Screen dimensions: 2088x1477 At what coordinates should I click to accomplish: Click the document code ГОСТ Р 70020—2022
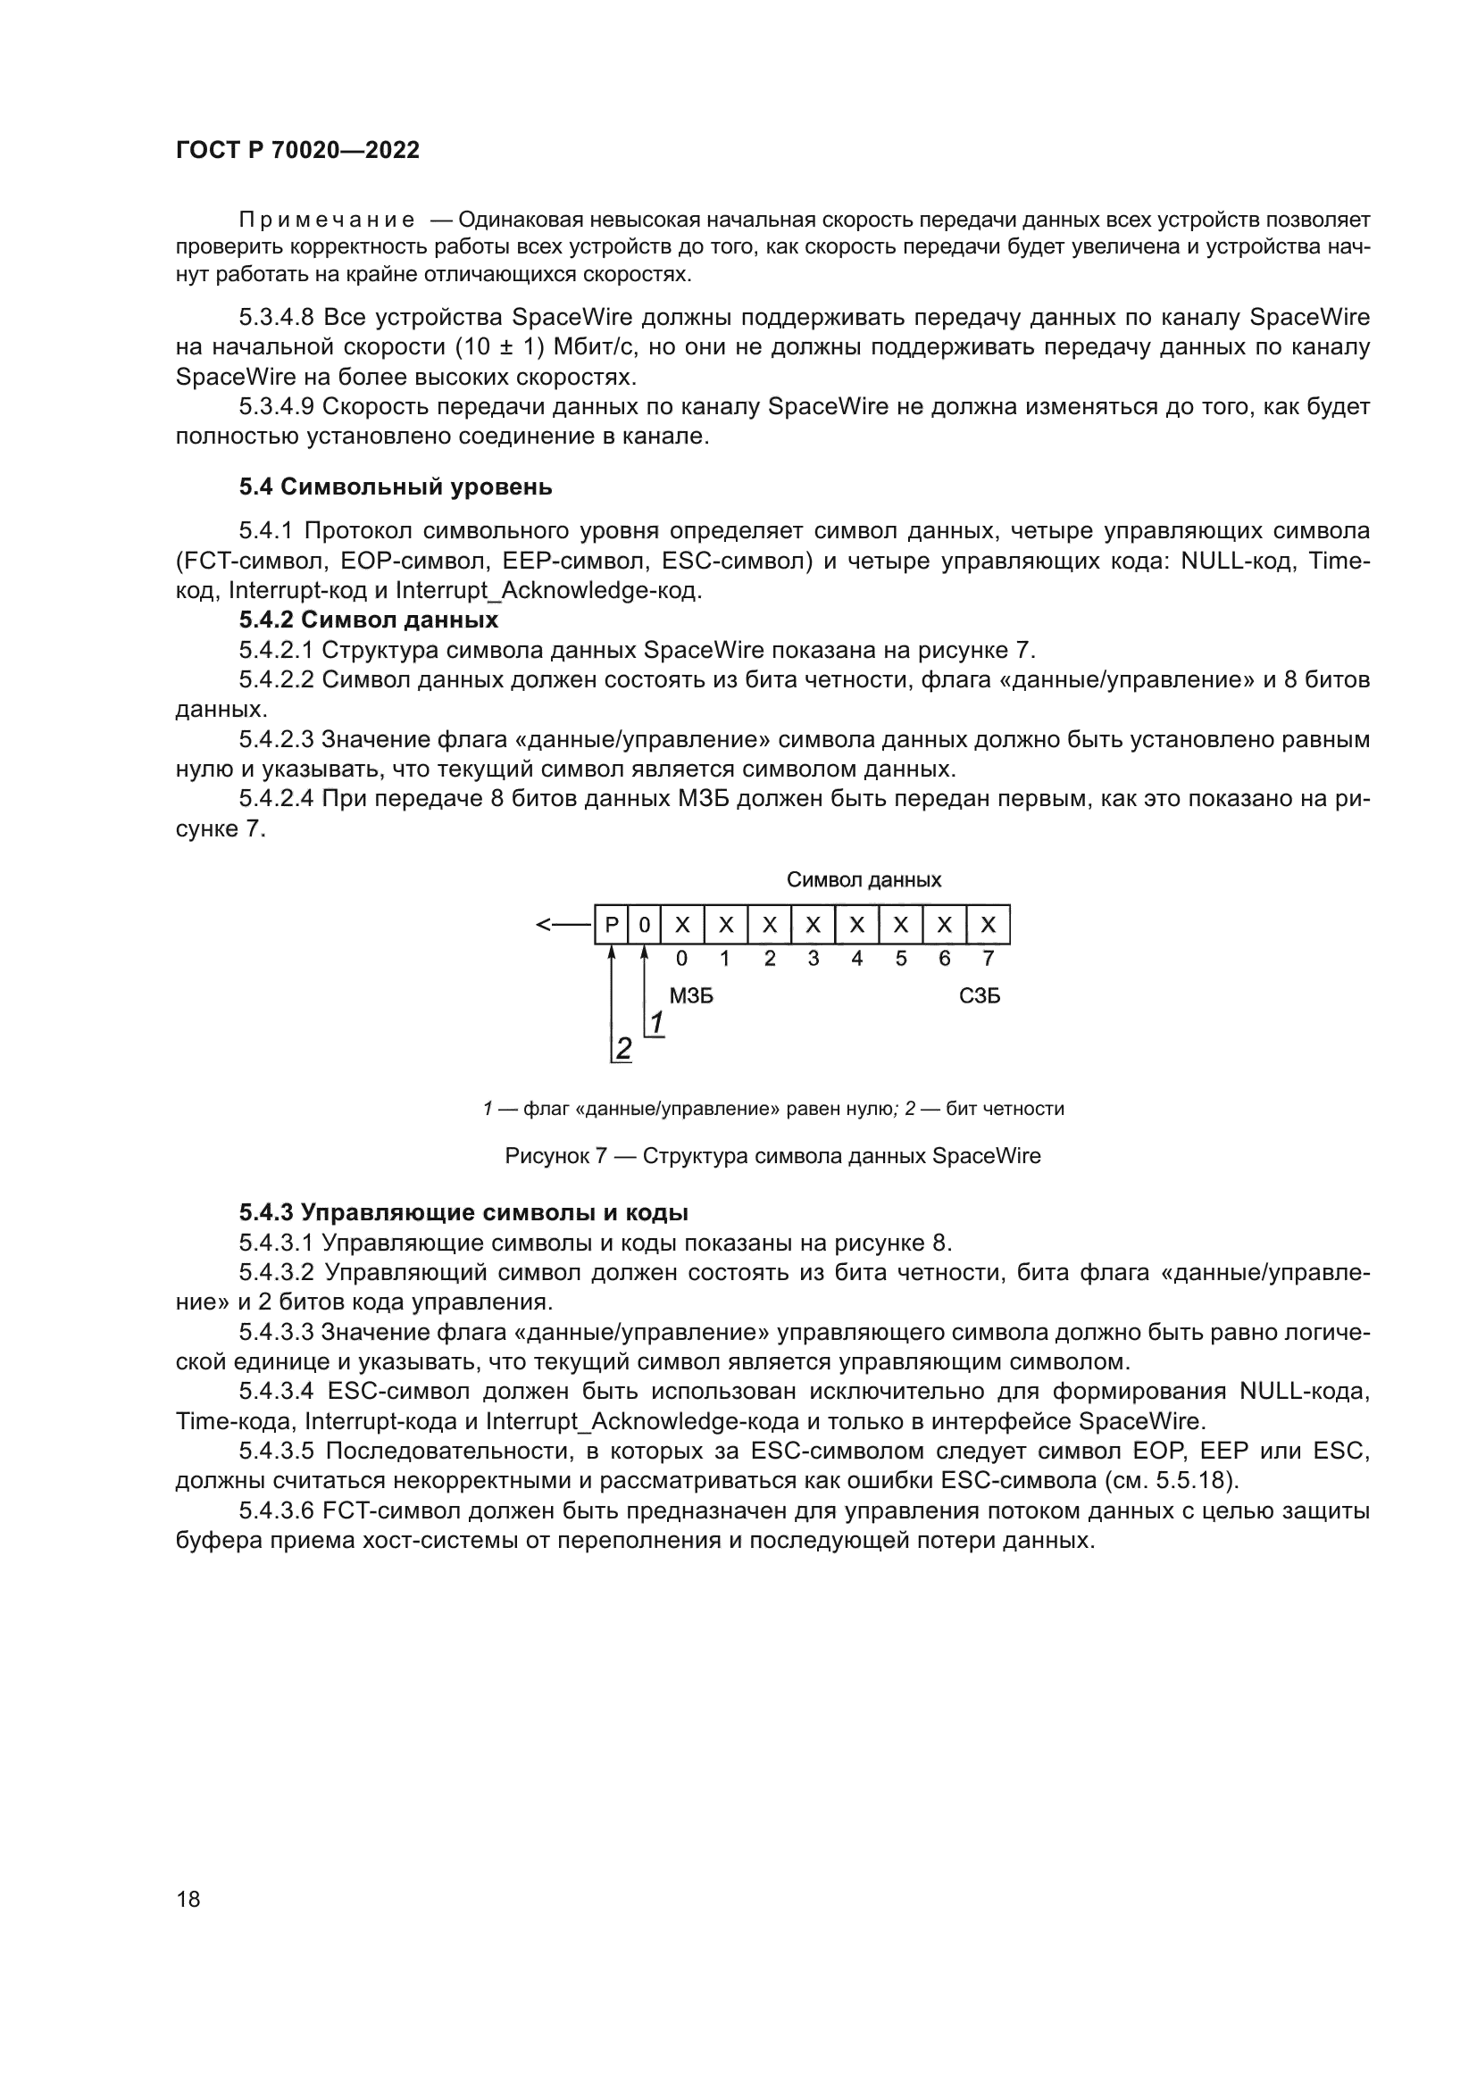[297, 151]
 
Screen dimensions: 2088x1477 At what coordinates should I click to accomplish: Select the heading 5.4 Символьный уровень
[396, 487]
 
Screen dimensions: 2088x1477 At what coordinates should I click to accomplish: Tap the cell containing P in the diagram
[611, 926]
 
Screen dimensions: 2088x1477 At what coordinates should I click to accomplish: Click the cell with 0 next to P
[644, 926]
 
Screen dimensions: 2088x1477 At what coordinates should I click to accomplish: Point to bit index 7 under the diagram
[989, 959]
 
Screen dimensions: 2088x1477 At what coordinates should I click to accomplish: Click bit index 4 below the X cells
[856, 959]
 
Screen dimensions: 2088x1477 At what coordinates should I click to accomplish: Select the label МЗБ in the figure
[691, 997]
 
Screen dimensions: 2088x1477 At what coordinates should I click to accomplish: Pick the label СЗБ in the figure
[980, 997]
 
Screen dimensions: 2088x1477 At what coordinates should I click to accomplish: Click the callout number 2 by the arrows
[623, 1049]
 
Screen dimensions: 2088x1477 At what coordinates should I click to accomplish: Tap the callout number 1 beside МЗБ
[655, 1024]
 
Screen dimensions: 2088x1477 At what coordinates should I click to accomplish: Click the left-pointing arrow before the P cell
[563, 926]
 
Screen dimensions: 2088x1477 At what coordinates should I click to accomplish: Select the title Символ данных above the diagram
[864, 879]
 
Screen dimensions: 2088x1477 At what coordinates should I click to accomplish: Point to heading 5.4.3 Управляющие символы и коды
[463, 1212]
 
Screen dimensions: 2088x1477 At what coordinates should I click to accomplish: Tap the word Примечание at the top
[327, 220]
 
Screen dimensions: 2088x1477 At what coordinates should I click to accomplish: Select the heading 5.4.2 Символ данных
[368, 620]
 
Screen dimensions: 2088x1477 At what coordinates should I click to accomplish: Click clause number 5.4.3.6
[276, 1511]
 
